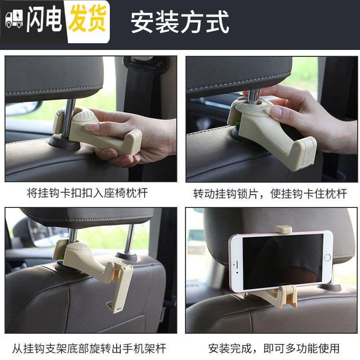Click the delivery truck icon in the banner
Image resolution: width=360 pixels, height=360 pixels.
[14, 19]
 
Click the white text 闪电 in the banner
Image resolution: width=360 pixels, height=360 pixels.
[44, 18]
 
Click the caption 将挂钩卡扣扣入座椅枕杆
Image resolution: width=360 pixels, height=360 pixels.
[87, 193]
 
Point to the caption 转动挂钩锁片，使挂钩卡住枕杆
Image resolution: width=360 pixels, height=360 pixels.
[270, 193]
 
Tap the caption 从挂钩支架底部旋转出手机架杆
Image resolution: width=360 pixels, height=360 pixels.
[89, 348]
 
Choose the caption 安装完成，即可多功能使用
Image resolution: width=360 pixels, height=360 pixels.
[274, 348]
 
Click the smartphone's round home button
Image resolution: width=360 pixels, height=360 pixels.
[327, 257]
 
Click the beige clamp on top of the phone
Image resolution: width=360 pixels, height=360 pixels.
[283, 229]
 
